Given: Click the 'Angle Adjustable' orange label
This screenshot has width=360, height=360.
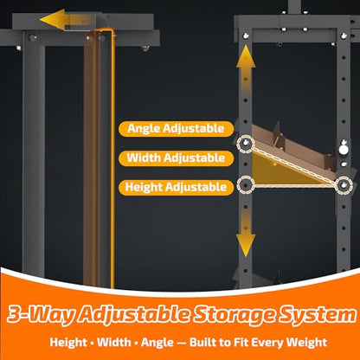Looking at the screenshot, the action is coord(176,129).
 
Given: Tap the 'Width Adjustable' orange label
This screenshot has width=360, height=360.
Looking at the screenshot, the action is coord(176,158).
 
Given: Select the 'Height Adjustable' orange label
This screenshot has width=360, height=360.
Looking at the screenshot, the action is coord(176,188).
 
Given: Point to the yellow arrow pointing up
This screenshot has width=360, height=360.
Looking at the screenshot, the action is coord(246,71).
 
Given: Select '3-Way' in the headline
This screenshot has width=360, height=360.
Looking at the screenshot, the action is coord(40,315).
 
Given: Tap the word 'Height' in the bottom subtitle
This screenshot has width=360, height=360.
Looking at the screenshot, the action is coord(68,343).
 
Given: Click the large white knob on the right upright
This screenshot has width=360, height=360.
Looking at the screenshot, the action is coord(344,150).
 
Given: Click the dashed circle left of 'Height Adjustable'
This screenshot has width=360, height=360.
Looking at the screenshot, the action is coord(246,185).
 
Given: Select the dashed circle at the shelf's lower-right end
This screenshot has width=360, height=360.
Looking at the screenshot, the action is coord(344,185).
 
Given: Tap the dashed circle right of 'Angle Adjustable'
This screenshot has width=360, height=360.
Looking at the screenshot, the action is coord(246,144).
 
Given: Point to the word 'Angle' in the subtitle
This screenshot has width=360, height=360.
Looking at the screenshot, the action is coord(157,343).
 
